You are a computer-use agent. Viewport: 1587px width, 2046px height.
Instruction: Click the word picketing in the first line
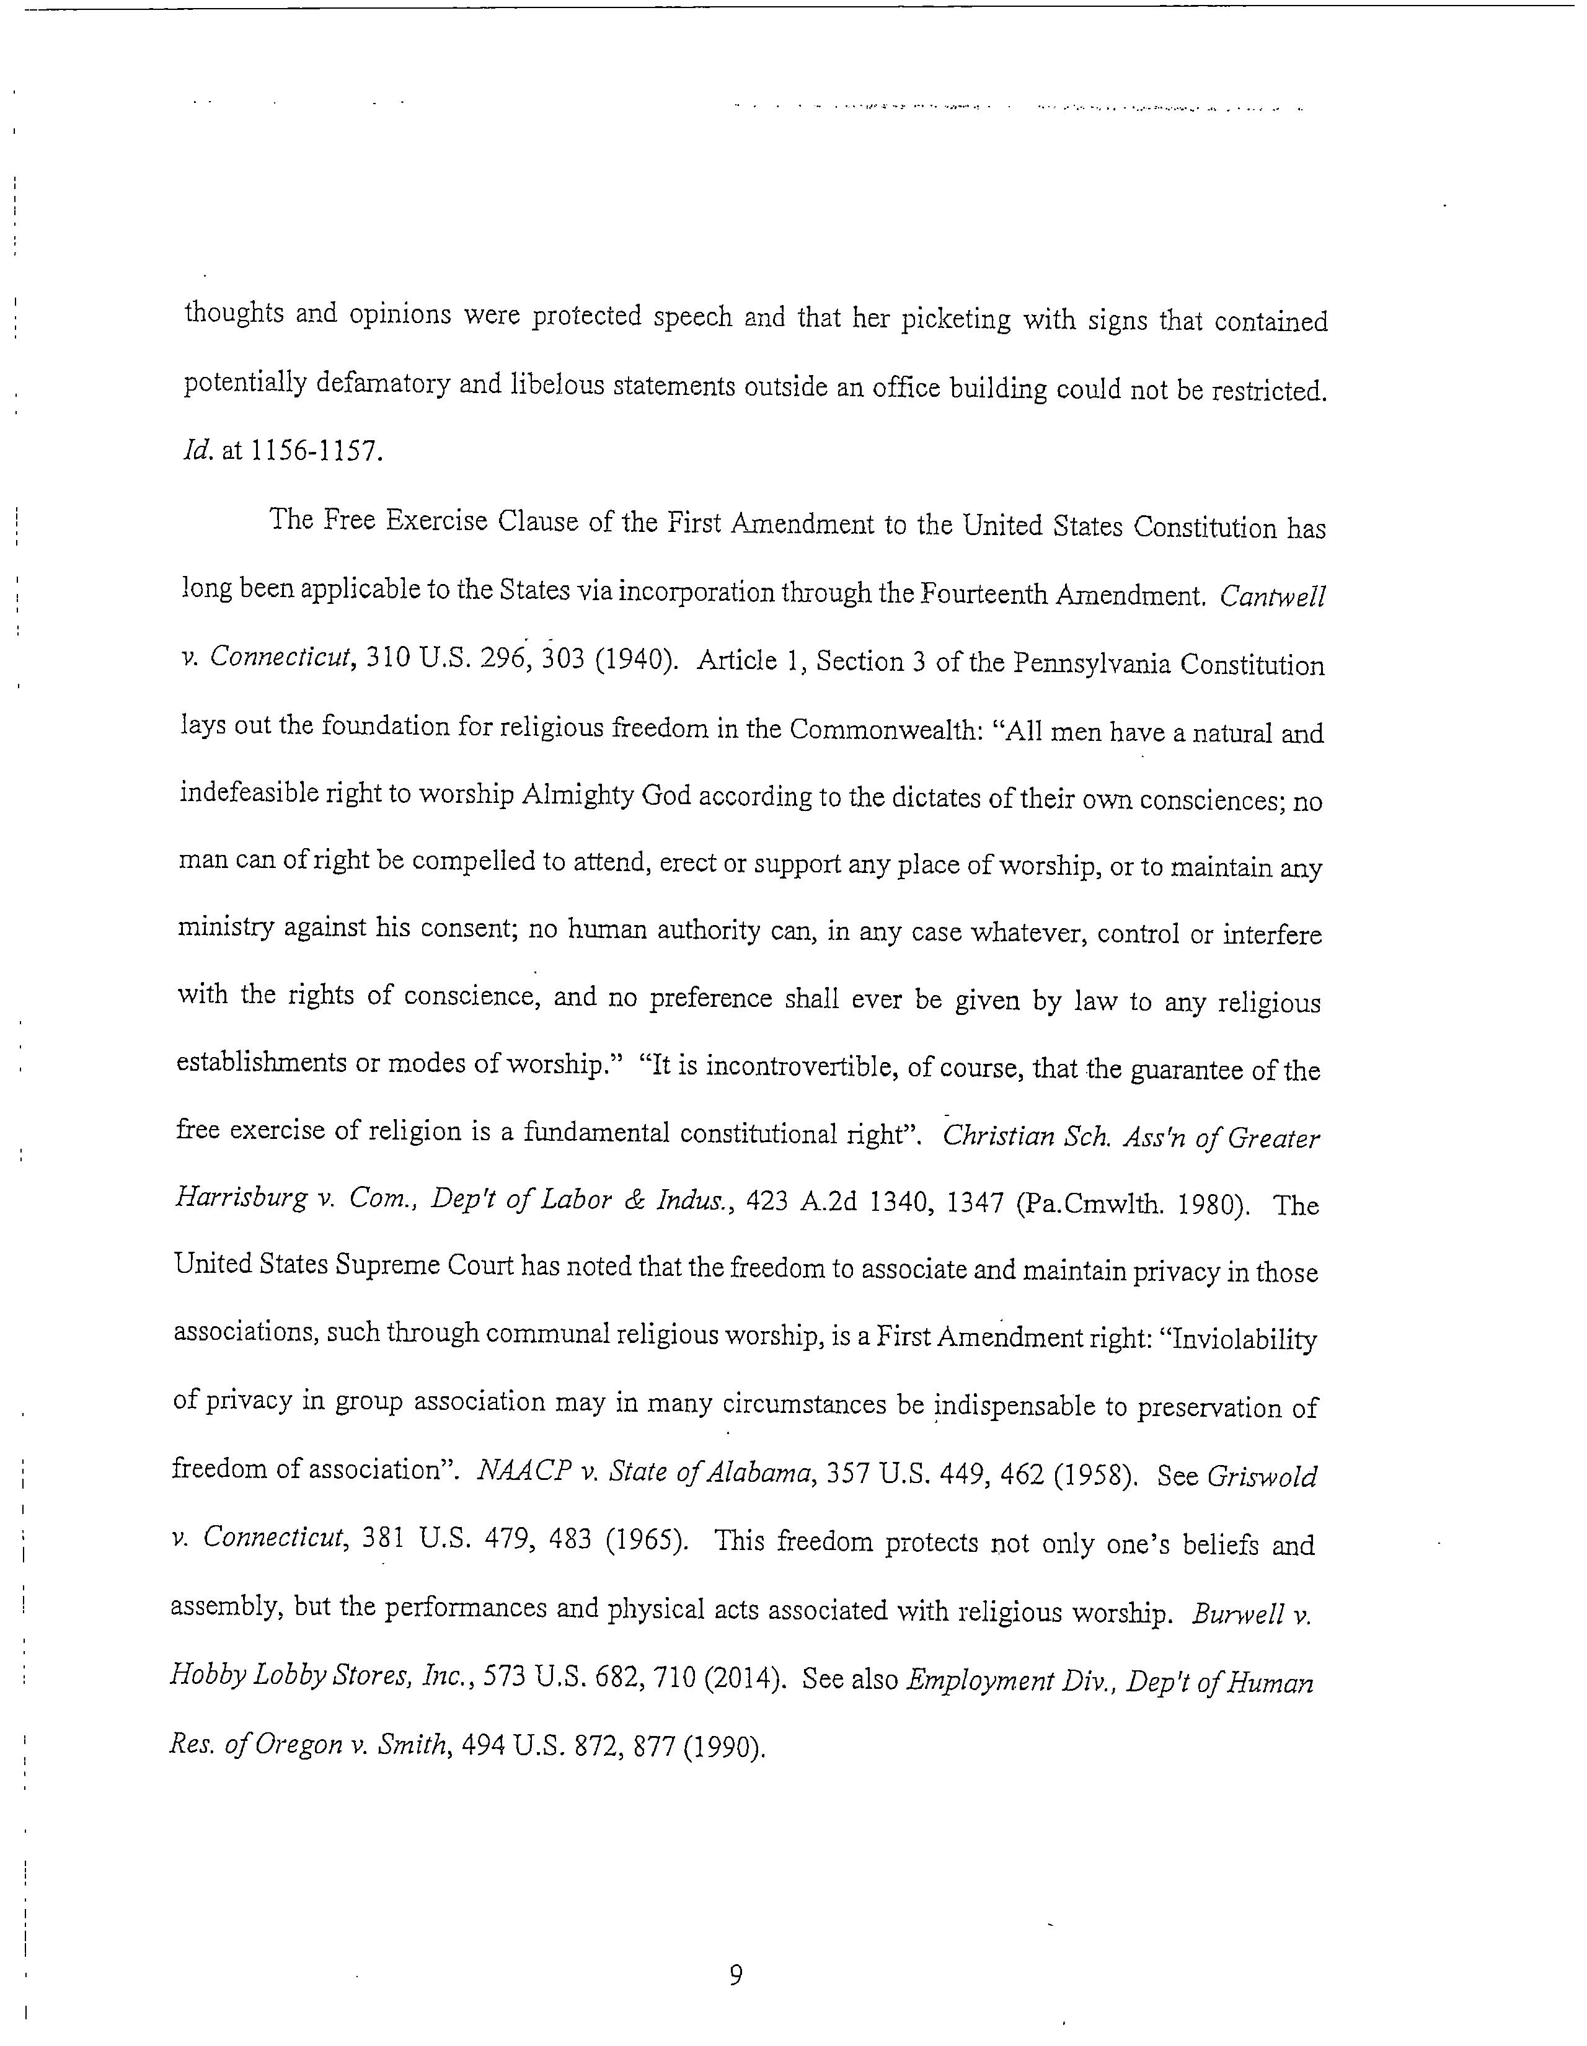tap(955, 319)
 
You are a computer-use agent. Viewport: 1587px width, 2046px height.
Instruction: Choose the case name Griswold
tap(1261, 1476)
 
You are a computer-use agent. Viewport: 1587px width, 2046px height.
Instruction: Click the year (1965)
tap(647, 1541)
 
